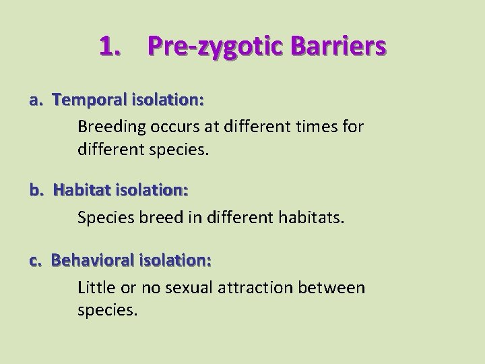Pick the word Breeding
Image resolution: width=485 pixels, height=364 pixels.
(x=108, y=126)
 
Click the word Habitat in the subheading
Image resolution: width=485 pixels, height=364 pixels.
(x=81, y=191)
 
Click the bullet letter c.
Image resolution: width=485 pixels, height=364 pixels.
(x=36, y=260)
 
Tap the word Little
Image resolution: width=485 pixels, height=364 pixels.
(x=96, y=288)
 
